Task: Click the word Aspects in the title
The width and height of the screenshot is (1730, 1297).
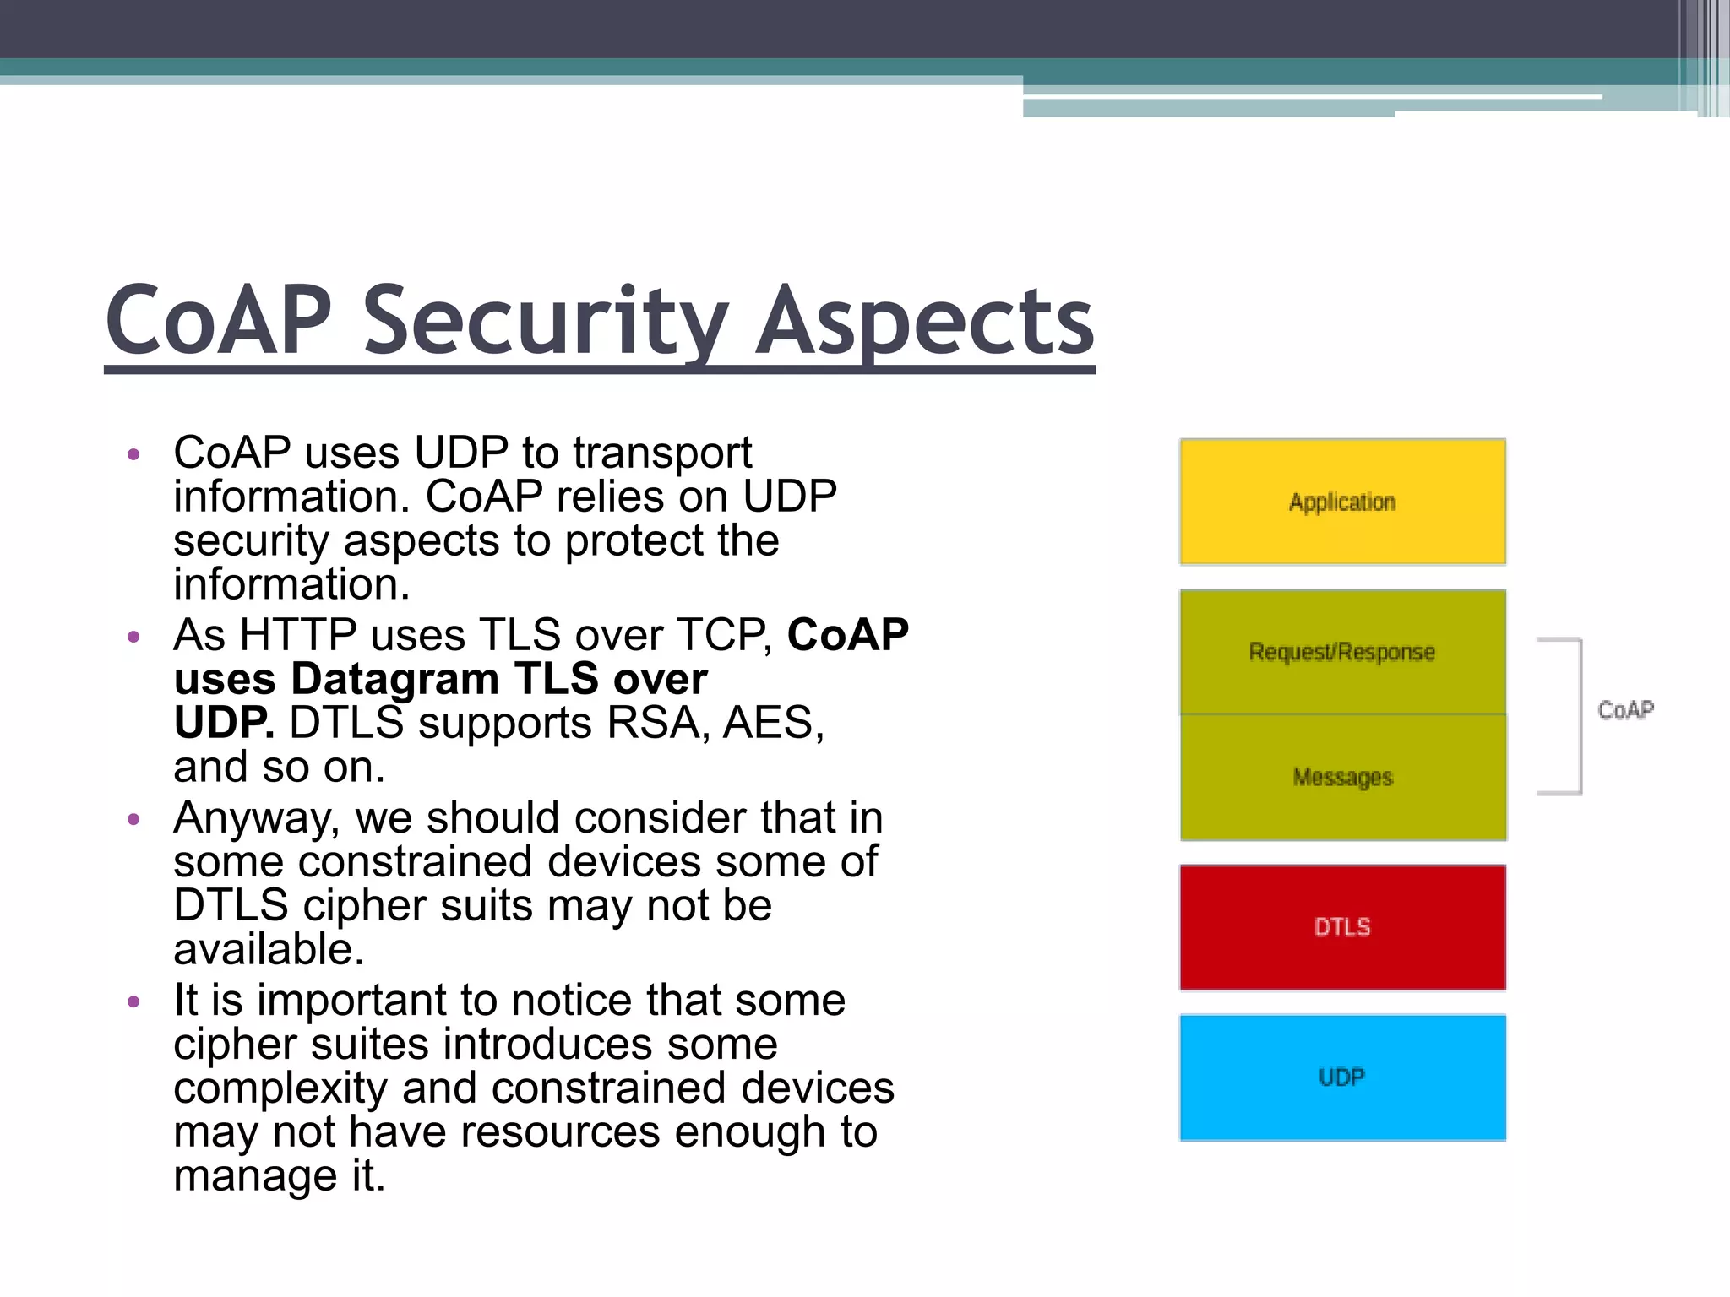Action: pyautogui.click(x=924, y=323)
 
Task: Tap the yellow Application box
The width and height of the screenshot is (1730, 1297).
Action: pyautogui.click(x=1342, y=502)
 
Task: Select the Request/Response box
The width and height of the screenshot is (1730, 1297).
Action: pyautogui.click(x=1342, y=652)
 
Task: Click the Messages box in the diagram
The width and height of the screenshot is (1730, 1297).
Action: pyautogui.click(x=1342, y=777)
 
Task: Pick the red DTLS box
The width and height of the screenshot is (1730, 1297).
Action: pyautogui.click(x=1342, y=927)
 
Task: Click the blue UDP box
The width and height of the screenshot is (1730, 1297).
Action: pyautogui.click(x=1342, y=1077)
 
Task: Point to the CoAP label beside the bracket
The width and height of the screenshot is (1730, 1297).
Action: pyautogui.click(x=1625, y=710)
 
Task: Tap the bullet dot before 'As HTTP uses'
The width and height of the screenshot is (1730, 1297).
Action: pyautogui.click(x=133, y=637)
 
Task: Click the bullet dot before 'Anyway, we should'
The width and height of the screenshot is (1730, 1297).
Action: pyautogui.click(x=133, y=819)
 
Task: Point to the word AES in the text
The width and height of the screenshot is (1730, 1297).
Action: pyautogui.click(x=772, y=723)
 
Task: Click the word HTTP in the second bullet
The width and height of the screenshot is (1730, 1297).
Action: pyautogui.click(x=297, y=635)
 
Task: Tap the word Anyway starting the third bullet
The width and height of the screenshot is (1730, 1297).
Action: pyautogui.click(x=256, y=819)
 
